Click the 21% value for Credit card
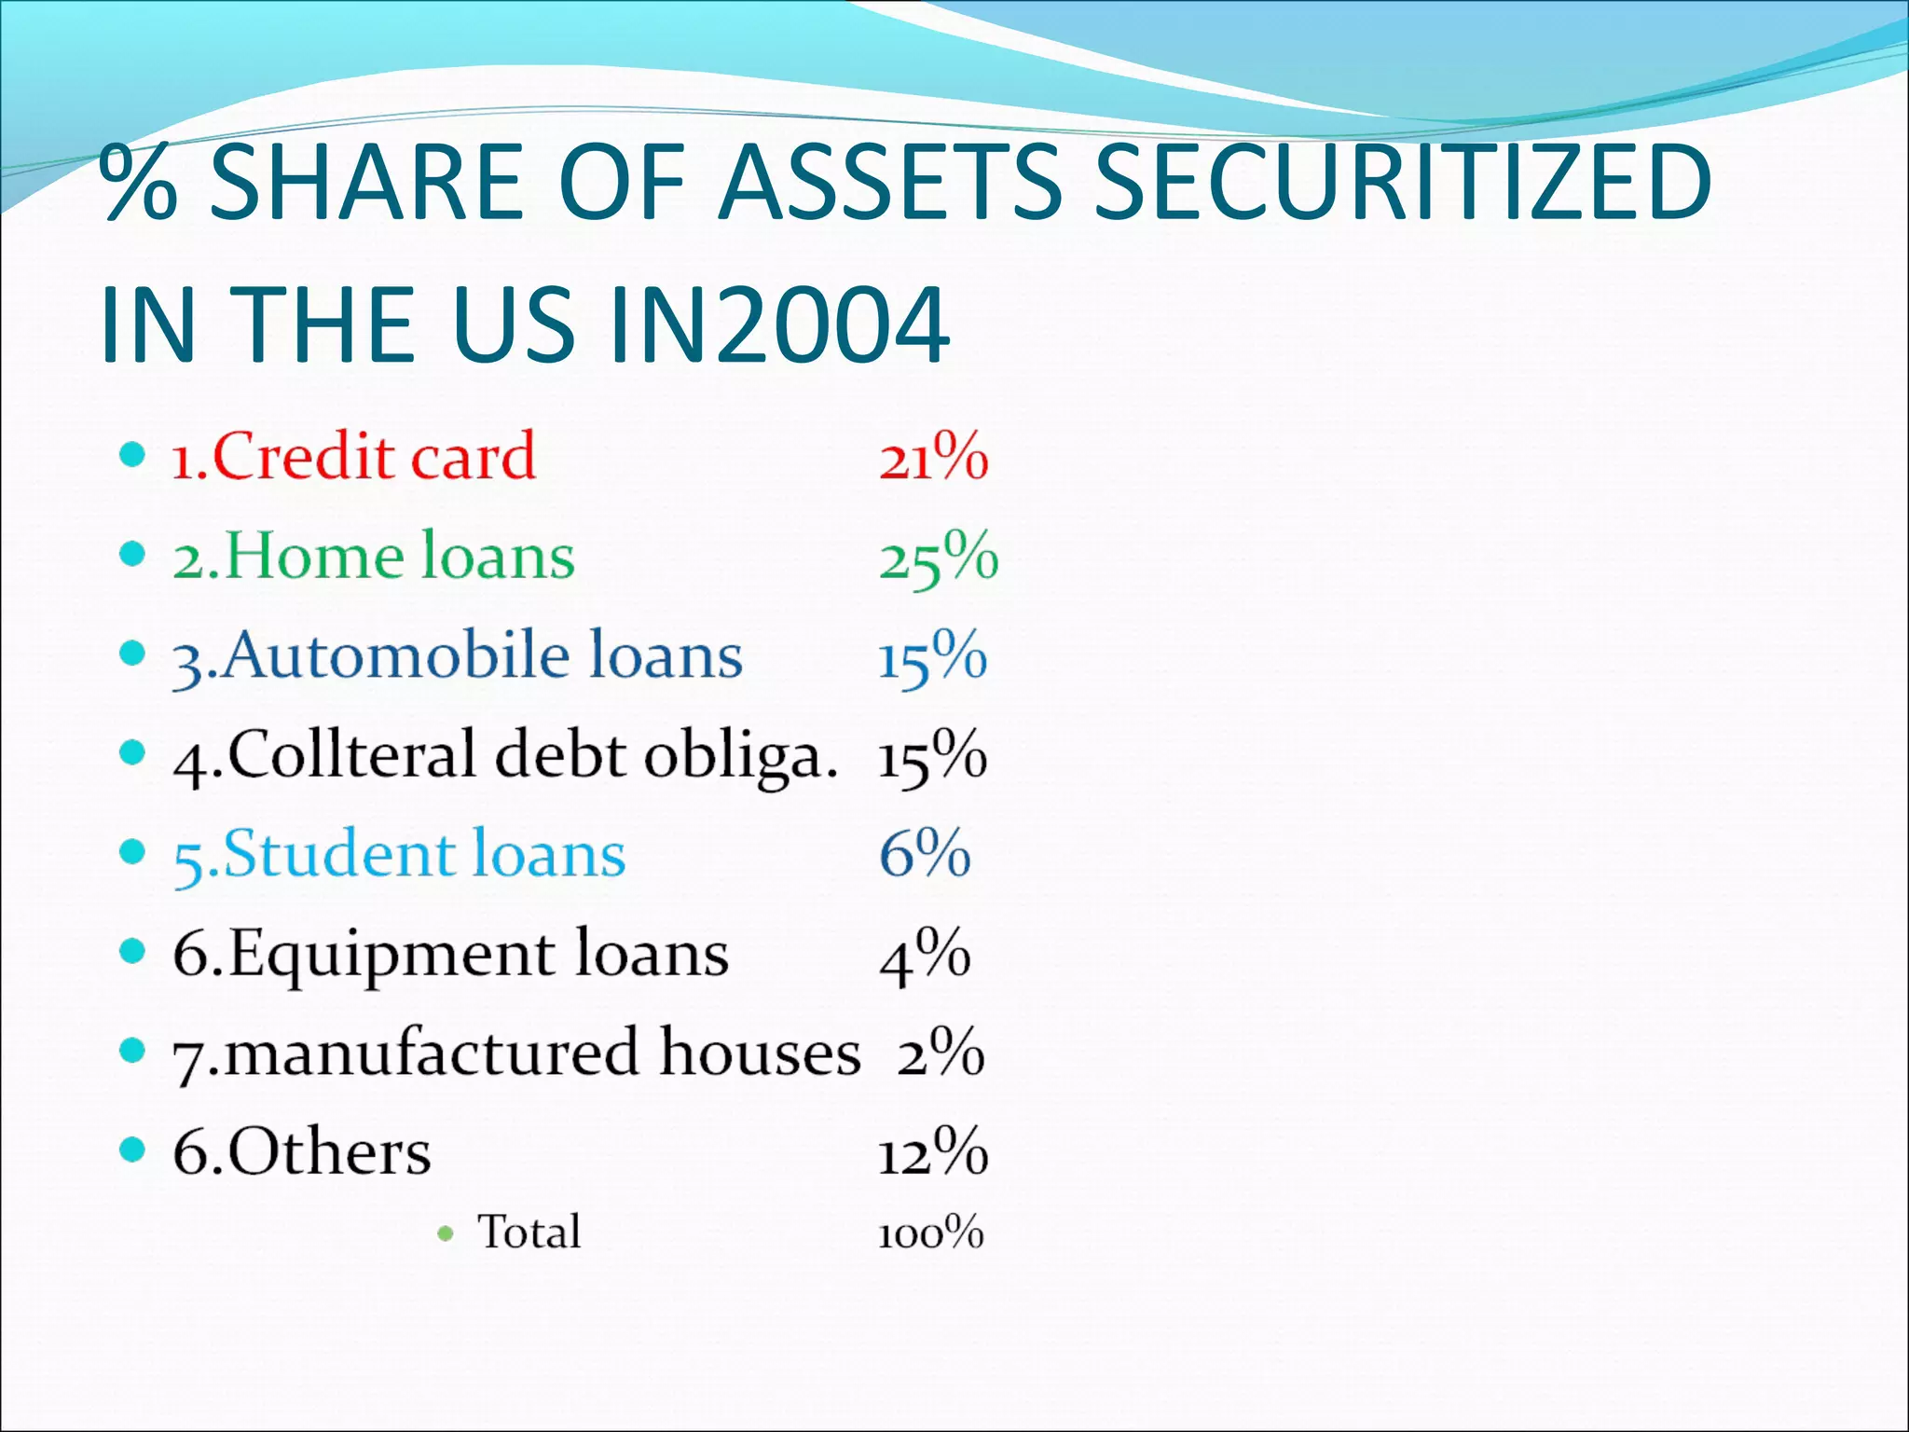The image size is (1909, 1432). pos(933,458)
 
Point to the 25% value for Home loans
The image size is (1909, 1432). pos(938,558)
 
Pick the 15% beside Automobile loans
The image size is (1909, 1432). pos(932,657)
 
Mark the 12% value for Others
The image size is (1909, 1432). pos(932,1152)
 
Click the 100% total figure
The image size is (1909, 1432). pos(930,1233)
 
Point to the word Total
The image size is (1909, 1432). pos(529,1232)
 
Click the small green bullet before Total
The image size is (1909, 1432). pos(446,1234)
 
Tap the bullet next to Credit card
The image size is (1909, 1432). pos(133,456)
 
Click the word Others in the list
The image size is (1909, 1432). pos(329,1152)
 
